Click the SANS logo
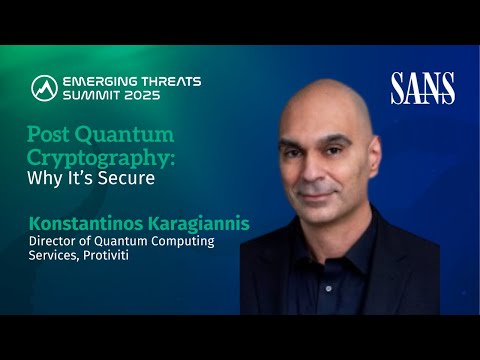[x=423, y=88]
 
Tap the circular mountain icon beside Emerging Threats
[x=44, y=88]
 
